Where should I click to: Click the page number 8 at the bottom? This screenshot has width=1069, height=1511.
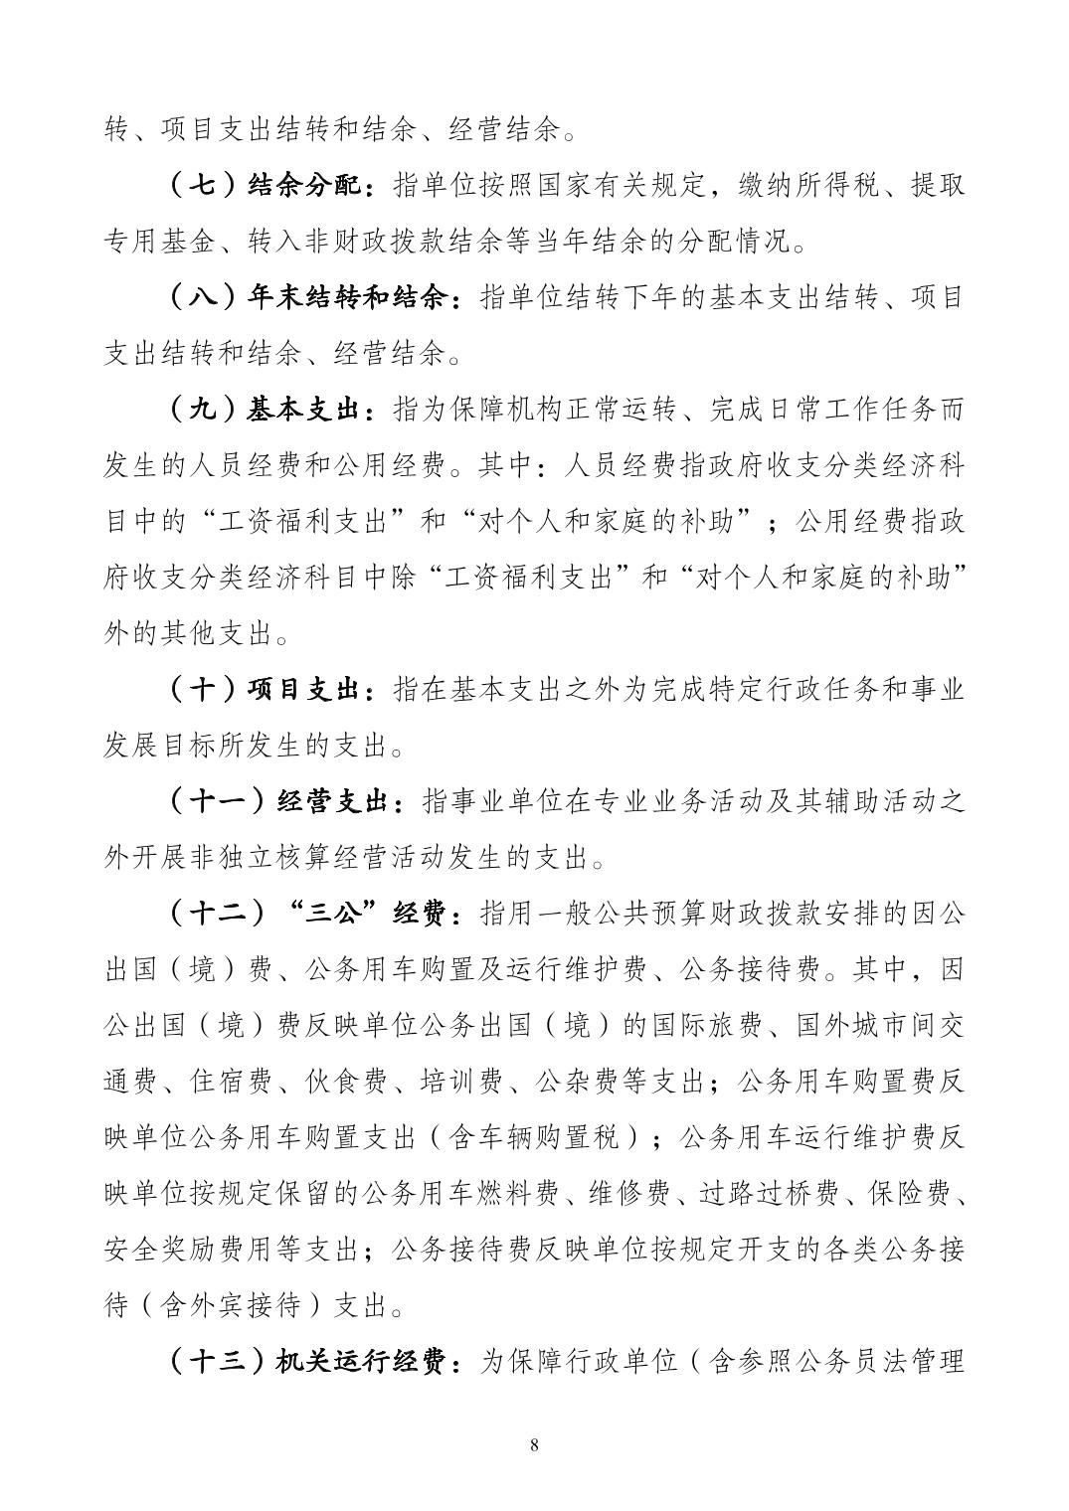pyautogui.click(x=535, y=1444)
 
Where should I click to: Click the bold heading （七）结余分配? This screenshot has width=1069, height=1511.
pyautogui.click(x=269, y=186)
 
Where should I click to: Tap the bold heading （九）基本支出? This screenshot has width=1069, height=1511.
pyautogui.click(x=269, y=410)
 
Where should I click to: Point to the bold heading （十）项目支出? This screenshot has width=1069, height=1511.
pyautogui.click(x=269, y=689)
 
